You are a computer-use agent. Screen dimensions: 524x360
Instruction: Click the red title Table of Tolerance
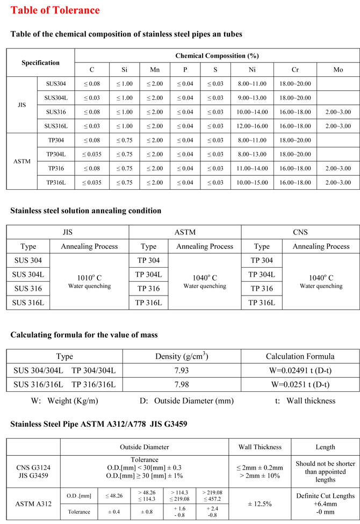[55, 10]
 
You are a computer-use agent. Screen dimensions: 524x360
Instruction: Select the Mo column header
[338, 70]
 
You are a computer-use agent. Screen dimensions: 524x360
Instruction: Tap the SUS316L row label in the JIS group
[56, 126]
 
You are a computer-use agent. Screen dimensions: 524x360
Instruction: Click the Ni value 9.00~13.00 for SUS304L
[252, 98]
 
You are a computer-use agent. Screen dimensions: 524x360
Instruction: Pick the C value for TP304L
[92, 154]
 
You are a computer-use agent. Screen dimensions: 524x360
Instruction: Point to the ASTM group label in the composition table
[22, 161]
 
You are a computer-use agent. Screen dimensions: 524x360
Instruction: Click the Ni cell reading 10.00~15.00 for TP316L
[252, 183]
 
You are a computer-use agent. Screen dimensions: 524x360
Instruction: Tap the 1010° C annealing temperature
[89, 278]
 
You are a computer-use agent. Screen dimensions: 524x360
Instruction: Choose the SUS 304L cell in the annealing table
[28, 275]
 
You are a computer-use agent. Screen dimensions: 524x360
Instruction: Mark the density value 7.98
[182, 385]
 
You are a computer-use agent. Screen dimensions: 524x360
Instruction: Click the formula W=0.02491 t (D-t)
[300, 370]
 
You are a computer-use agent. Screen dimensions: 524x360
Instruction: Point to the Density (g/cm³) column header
[182, 356]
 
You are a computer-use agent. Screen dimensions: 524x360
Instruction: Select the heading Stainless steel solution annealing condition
[86, 210]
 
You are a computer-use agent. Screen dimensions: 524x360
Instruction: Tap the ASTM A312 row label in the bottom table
[33, 504]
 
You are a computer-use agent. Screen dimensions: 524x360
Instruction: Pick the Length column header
[325, 447]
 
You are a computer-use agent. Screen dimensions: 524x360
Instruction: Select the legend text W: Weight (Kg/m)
[64, 400]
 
